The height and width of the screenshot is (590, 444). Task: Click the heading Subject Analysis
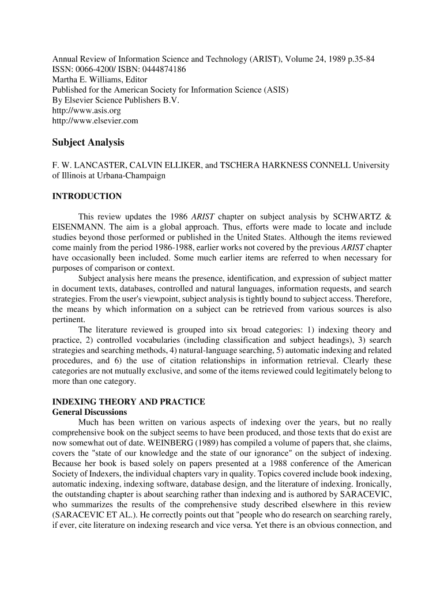click(88, 142)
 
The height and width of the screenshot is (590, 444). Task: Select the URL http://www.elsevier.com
click(95, 121)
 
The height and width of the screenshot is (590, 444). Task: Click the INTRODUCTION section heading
click(87, 196)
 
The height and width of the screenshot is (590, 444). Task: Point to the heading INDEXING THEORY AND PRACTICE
click(129, 402)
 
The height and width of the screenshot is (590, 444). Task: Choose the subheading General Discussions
click(89, 413)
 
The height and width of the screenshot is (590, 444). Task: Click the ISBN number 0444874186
click(161, 69)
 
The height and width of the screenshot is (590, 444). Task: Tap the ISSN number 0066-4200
click(96, 69)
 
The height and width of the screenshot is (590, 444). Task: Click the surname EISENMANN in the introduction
click(74, 228)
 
